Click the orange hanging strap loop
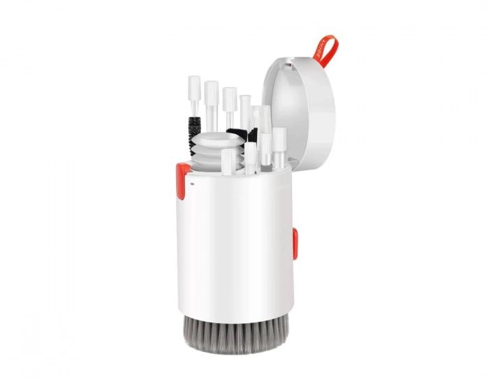pos(328,49)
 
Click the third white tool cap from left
pos(229,98)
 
